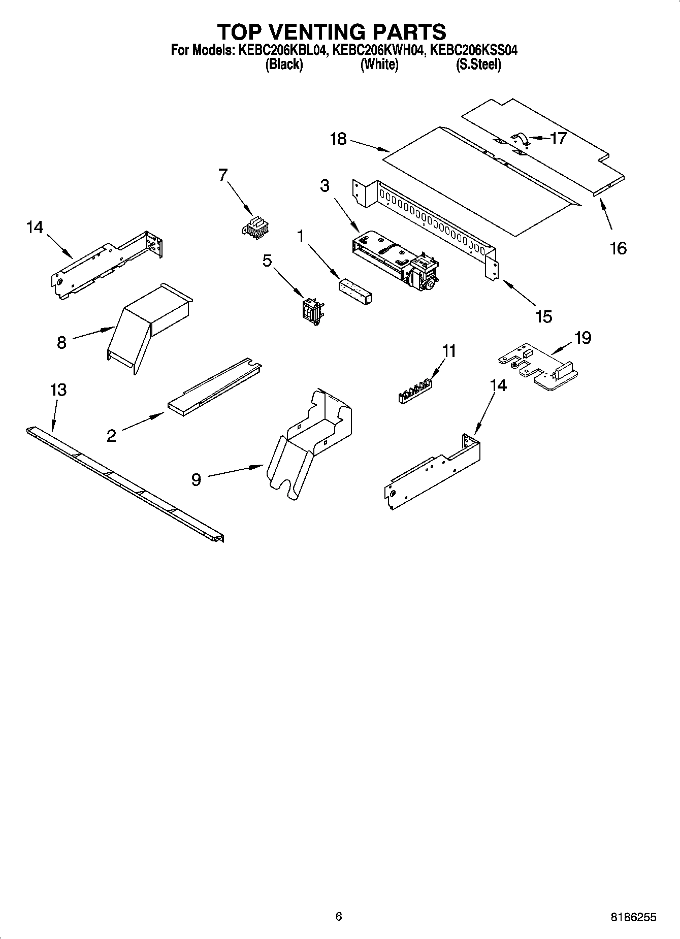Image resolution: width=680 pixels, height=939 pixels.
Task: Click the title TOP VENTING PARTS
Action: pyautogui.click(x=332, y=32)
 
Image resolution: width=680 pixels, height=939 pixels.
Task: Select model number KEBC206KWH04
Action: pyautogui.click(x=378, y=50)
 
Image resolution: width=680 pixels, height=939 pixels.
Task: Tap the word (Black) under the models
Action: pyautogui.click(x=284, y=64)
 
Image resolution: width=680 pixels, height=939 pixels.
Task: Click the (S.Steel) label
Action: pyautogui.click(x=478, y=64)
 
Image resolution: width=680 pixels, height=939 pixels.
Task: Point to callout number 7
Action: pyautogui.click(x=222, y=175)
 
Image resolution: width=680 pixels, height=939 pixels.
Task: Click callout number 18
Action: pyautogui.click(x=338, y=139)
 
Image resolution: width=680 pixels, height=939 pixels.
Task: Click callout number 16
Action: pyautogui.click(x=618, y=248)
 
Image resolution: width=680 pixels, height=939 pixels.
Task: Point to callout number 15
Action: pyautogui.click(x=543, y=316)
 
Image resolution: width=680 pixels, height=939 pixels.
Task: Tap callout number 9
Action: pyautogui.click(x=196, y=479)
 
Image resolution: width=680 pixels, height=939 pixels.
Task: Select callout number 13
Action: pyautogui.click(x=58, y=390)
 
